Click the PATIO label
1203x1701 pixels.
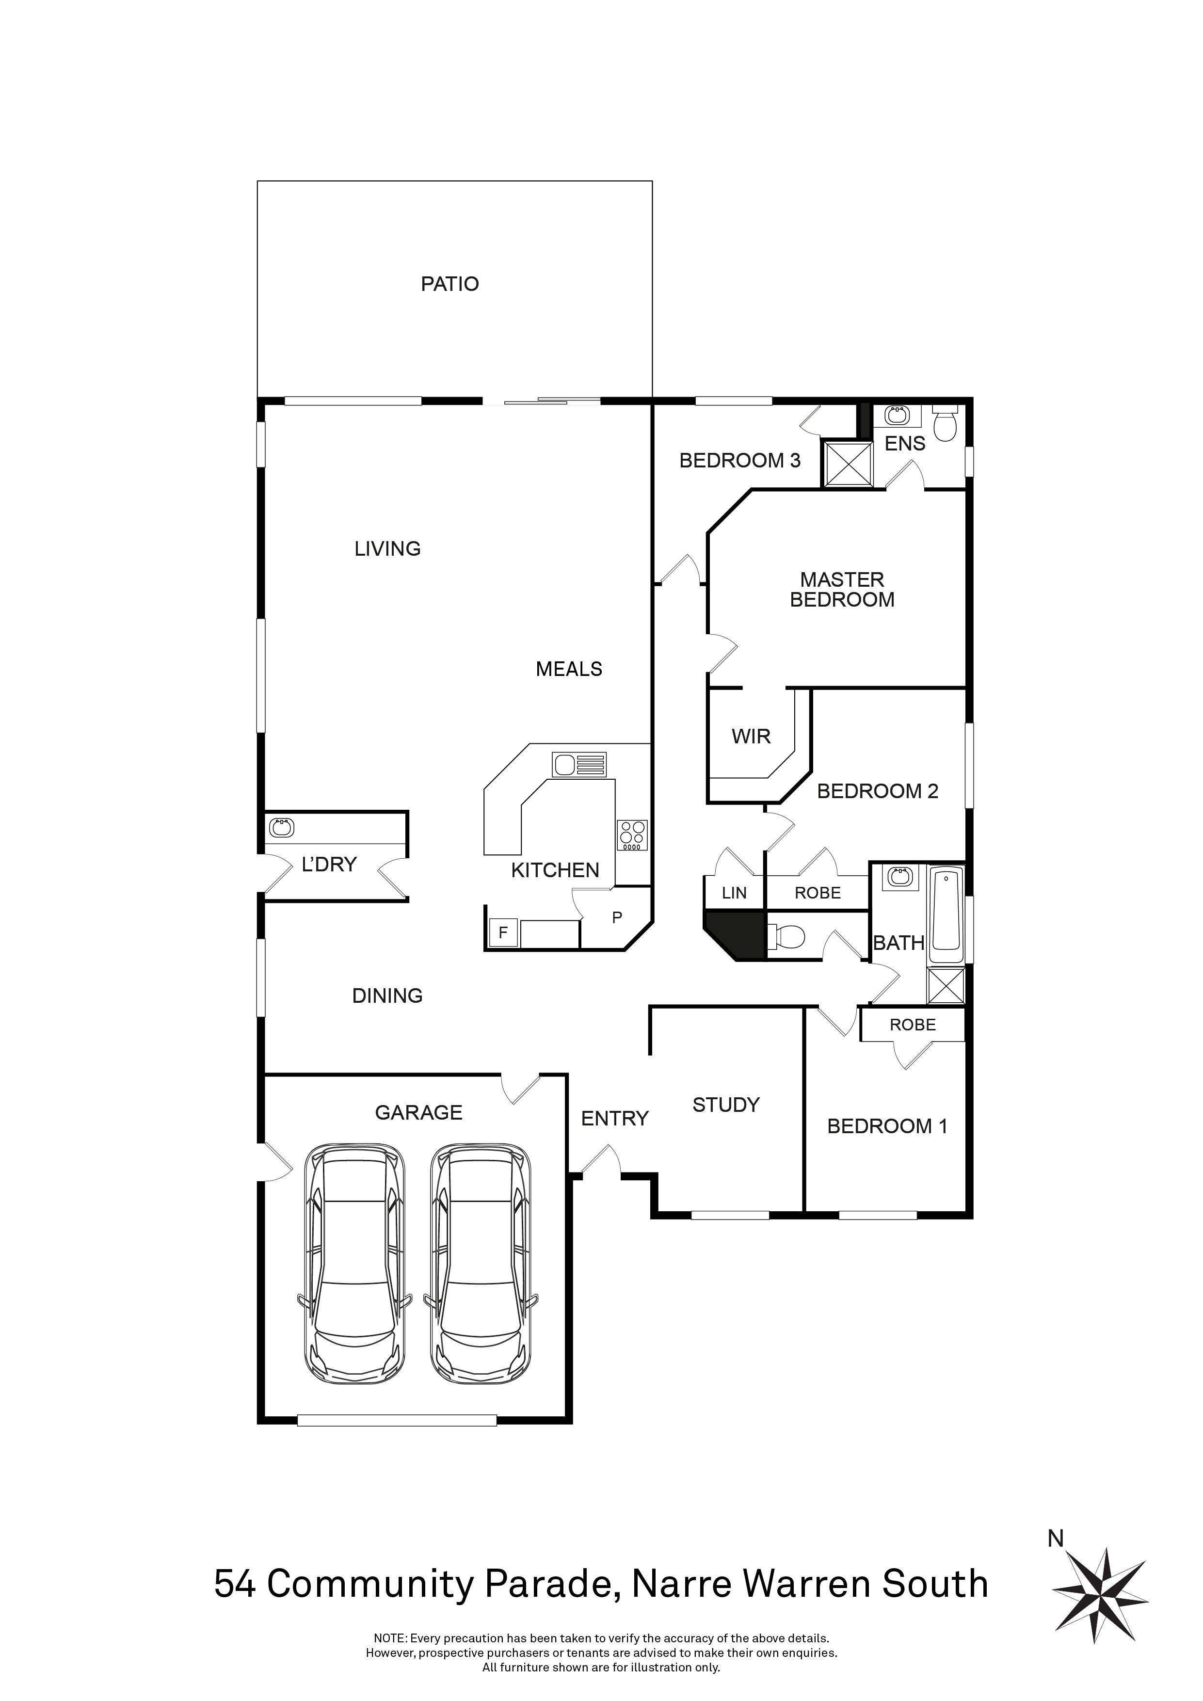coord(449,284)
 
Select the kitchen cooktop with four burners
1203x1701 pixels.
coord(632,835)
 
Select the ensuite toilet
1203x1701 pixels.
coord(945,423)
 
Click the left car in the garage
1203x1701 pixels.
coord(355,1274)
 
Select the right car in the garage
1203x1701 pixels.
coord(481,1274)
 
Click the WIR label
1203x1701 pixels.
coord(751,737)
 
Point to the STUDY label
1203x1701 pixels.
coord(726,1106)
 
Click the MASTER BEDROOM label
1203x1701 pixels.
coord(842,590)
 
